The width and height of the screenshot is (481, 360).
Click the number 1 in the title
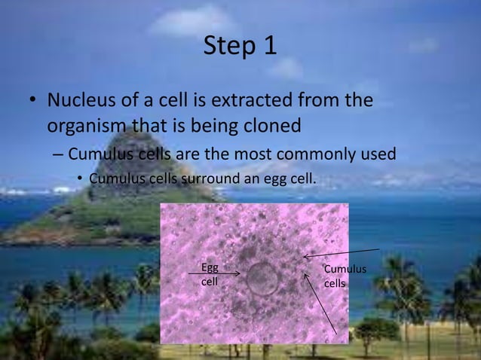(x=270, y=47)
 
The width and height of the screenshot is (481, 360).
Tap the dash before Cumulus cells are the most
(x=57, y=156)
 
